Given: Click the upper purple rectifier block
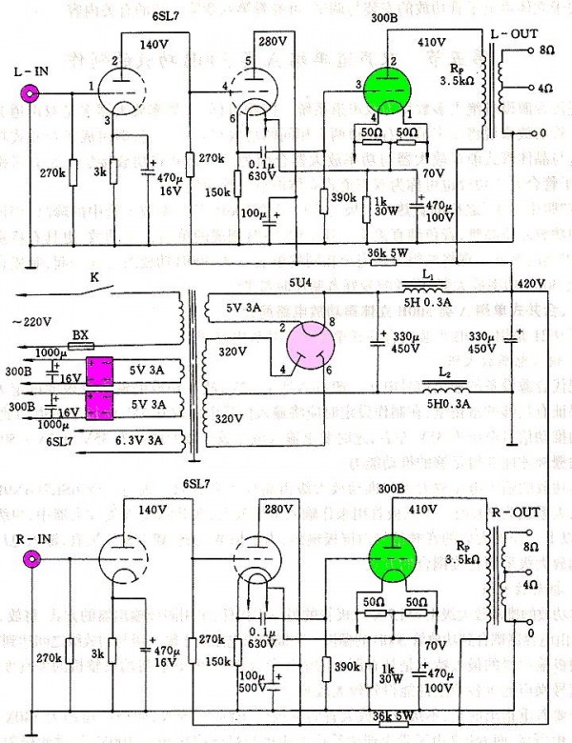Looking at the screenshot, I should click(x=100, y=369).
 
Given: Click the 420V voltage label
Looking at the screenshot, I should click(x=531, y=284).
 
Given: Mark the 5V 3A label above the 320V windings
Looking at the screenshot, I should click(x=227, y=306).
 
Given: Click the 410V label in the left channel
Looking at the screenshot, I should click(x=432, y=43).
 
